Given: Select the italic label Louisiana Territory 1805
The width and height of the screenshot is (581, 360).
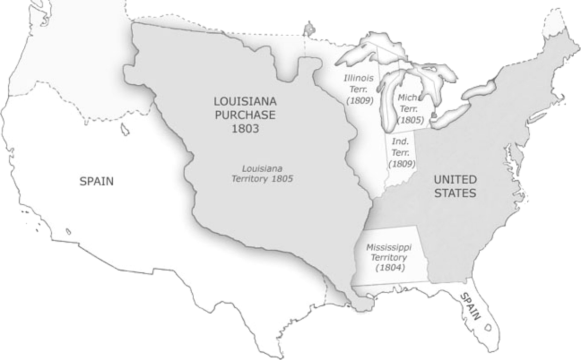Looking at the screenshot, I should (262, 173).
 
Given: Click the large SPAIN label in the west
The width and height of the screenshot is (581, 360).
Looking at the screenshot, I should (96, 182).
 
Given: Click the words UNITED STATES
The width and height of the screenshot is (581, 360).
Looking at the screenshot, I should (455, 186).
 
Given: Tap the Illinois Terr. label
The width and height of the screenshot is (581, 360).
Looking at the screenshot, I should (359, 84).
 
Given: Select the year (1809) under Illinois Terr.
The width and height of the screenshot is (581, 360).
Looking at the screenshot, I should (359, 101).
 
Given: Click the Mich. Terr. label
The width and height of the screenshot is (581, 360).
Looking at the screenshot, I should (410, 103).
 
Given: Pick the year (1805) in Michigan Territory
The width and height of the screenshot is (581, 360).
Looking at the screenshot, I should (410, 120).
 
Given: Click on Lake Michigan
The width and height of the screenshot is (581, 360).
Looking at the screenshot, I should (387, 102).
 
